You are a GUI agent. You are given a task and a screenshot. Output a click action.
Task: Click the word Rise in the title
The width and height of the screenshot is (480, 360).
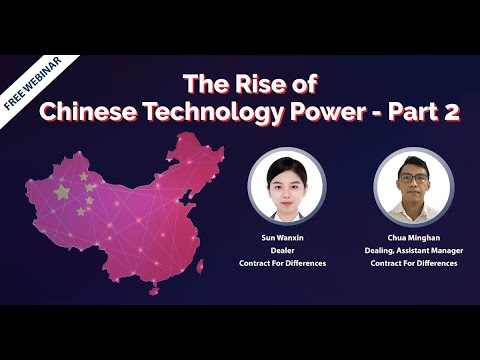(257, 82)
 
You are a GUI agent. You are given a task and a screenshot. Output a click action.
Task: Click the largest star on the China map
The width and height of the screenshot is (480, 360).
(62, 191)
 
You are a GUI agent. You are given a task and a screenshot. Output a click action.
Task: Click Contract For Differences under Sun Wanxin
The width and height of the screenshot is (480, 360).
(287, 263)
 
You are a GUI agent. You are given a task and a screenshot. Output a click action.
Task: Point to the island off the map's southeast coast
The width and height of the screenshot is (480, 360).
(200, 266)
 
